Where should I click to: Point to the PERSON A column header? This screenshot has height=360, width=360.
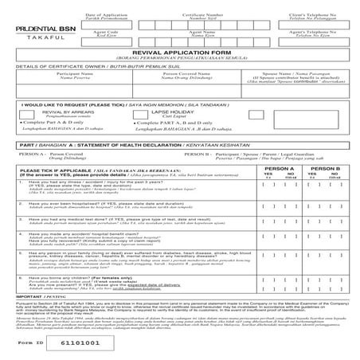[x=281, y=192]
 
